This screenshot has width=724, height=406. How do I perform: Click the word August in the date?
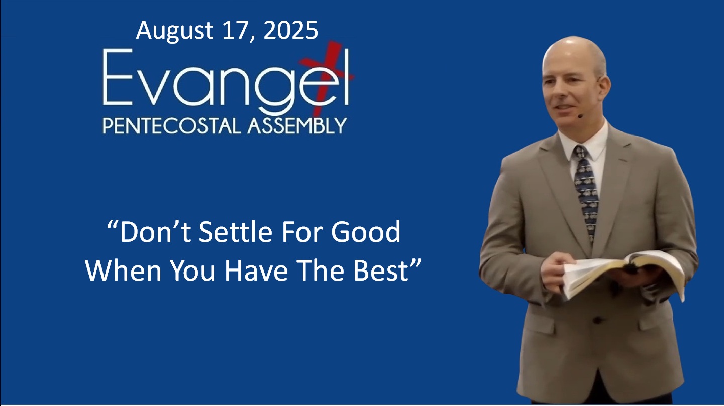point(174,31)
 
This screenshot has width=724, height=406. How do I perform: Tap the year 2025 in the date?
point(290,31)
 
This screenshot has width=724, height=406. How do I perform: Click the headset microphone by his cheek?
point(580,115)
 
